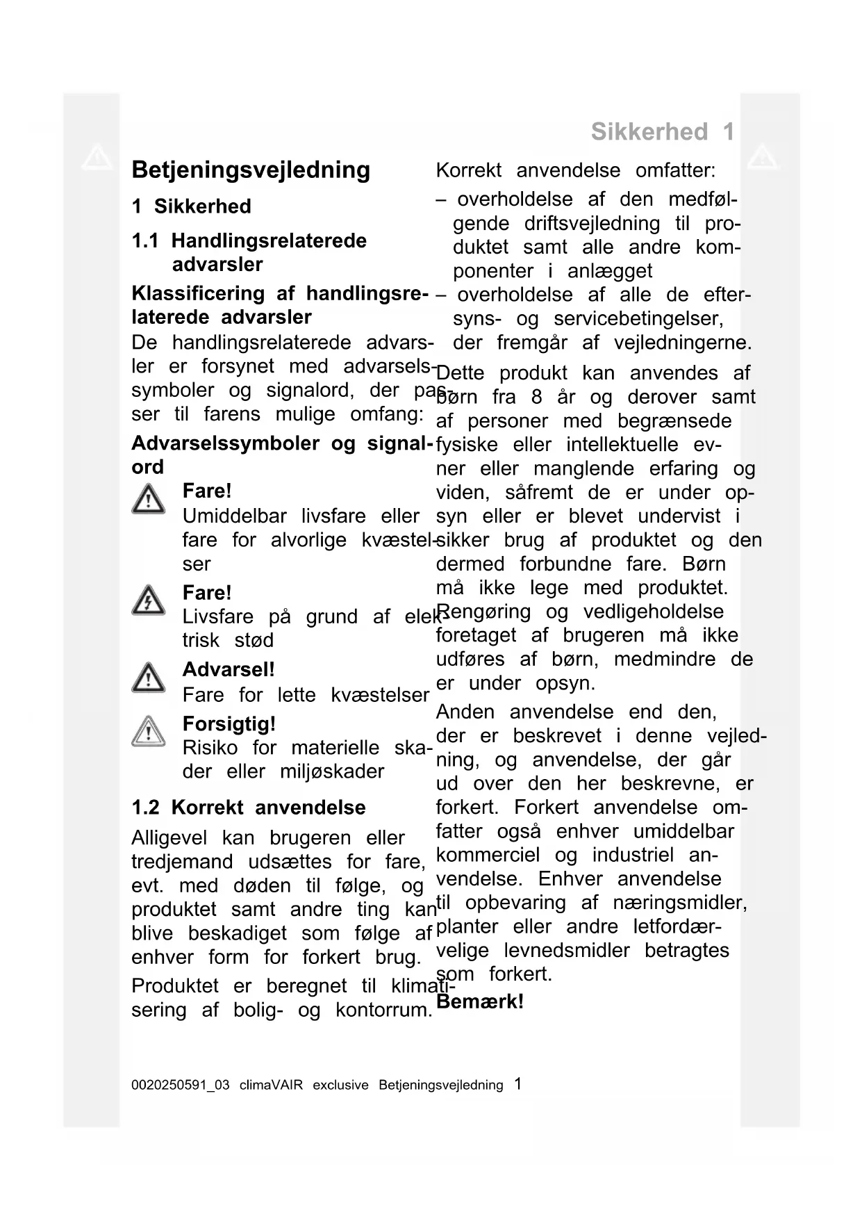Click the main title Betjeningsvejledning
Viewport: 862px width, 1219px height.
251,170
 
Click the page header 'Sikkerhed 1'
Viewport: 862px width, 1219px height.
662,131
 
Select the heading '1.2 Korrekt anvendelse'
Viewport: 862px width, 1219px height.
249,808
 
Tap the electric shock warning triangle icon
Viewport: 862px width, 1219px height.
148,600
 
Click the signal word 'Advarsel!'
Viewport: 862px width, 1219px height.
229,669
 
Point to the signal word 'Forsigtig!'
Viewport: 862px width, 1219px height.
229,724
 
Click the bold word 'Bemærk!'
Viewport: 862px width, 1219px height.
480,1001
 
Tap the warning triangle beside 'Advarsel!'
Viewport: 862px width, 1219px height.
148,678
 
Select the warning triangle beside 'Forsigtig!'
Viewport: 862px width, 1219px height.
148,732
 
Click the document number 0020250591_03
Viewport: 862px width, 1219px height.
180,1085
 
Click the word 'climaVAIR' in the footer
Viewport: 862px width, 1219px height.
271,1085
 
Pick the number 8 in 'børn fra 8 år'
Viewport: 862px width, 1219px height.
536,398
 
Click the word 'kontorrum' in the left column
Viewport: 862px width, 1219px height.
383,1010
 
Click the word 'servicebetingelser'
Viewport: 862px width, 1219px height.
638,319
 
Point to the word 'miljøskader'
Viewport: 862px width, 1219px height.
332,771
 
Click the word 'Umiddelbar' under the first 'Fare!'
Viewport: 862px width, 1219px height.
234,516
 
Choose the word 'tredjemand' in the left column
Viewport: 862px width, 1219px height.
182,862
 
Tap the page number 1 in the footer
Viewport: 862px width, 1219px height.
517,1083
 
